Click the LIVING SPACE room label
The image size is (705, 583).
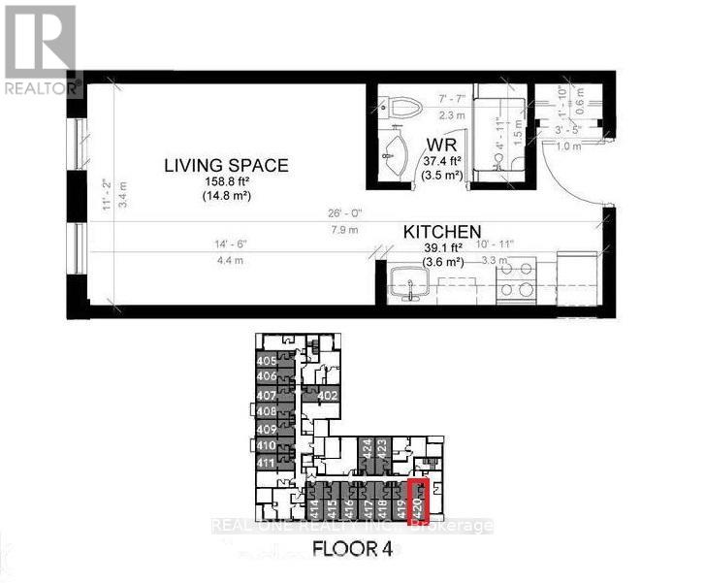click(x=225, y=165)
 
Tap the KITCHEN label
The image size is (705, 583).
click(x=442, y=233)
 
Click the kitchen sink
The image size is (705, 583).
click(x=404, y=284)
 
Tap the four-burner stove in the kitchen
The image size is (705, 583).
click(x=515, y=279)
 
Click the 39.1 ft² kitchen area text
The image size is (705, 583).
click(x=441, y=247)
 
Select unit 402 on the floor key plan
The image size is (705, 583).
click(x=327, y=395)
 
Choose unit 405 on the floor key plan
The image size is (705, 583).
click(x=267, y=361)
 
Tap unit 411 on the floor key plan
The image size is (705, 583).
click(x=267, y=463)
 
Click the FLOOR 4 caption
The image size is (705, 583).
click(x=351, y=549)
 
